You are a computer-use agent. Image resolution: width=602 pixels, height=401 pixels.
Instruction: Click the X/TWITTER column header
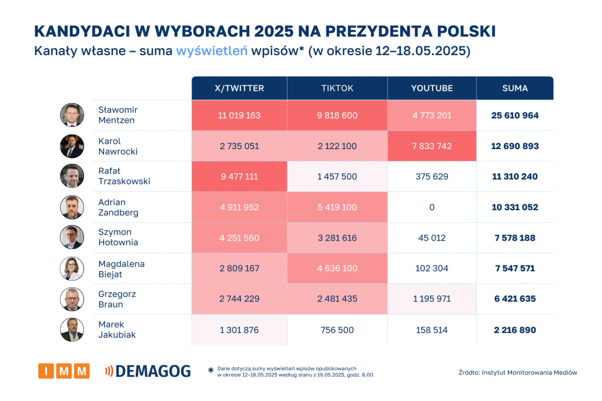point(239,88)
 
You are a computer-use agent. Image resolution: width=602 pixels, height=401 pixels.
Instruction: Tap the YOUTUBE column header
point(432,88)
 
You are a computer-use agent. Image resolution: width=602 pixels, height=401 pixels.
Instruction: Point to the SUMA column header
point(515,88)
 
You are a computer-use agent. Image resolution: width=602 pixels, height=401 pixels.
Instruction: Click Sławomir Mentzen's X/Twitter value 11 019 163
point(239,116)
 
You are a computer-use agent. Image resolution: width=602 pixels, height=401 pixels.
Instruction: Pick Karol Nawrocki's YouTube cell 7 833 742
point(432,146)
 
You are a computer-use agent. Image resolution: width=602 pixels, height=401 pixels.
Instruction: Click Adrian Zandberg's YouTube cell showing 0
point(432,207)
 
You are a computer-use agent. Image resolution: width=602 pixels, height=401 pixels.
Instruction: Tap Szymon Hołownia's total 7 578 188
point(515,238)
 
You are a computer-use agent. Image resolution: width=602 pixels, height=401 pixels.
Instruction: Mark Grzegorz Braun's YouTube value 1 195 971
point(432,299)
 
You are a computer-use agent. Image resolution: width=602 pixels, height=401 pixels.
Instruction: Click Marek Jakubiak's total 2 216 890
point(515,330)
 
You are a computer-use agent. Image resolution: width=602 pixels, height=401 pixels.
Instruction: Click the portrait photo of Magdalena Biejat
point(72,268)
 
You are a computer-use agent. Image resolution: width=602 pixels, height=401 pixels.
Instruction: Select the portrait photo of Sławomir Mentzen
point(72,115)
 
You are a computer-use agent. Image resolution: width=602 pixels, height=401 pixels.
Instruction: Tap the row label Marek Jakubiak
point(112,329)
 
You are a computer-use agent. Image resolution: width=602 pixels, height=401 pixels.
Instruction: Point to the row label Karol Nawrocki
point(118,146)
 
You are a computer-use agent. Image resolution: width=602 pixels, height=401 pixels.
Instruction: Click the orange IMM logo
point(64,371)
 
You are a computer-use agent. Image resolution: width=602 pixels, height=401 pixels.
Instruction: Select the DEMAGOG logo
point(147,371)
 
